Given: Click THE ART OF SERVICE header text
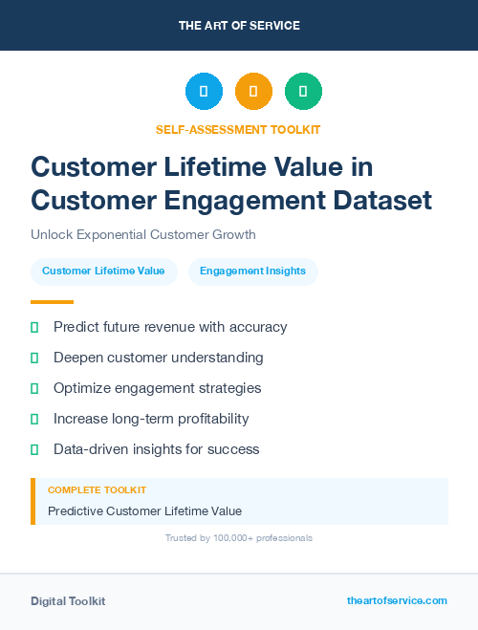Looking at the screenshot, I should tap(239, 26).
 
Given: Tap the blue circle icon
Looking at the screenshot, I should tap(204, 92).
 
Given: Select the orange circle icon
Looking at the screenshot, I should tap(253, 92).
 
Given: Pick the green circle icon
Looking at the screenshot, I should tap(303, 92).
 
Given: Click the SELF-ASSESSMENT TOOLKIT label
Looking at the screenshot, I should tap(238, 129).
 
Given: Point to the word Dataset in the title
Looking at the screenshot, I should tap(381, 201).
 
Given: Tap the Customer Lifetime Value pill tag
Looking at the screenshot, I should tap(103, 271).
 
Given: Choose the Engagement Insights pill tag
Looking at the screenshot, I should tap(252, 271).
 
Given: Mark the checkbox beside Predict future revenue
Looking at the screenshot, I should tap(34, 327).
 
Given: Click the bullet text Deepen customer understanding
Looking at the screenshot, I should tap(158, 358).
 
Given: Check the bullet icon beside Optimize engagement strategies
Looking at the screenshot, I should tap(34, 388).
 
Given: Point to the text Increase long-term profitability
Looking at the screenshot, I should tap(151, 419).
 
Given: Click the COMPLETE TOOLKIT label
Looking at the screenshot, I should tap(97, 489).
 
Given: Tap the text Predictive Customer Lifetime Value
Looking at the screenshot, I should tap(144, 511).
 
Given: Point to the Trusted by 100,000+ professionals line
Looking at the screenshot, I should tap(238, 538).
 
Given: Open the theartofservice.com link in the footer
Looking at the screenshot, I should tap(397, 600).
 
